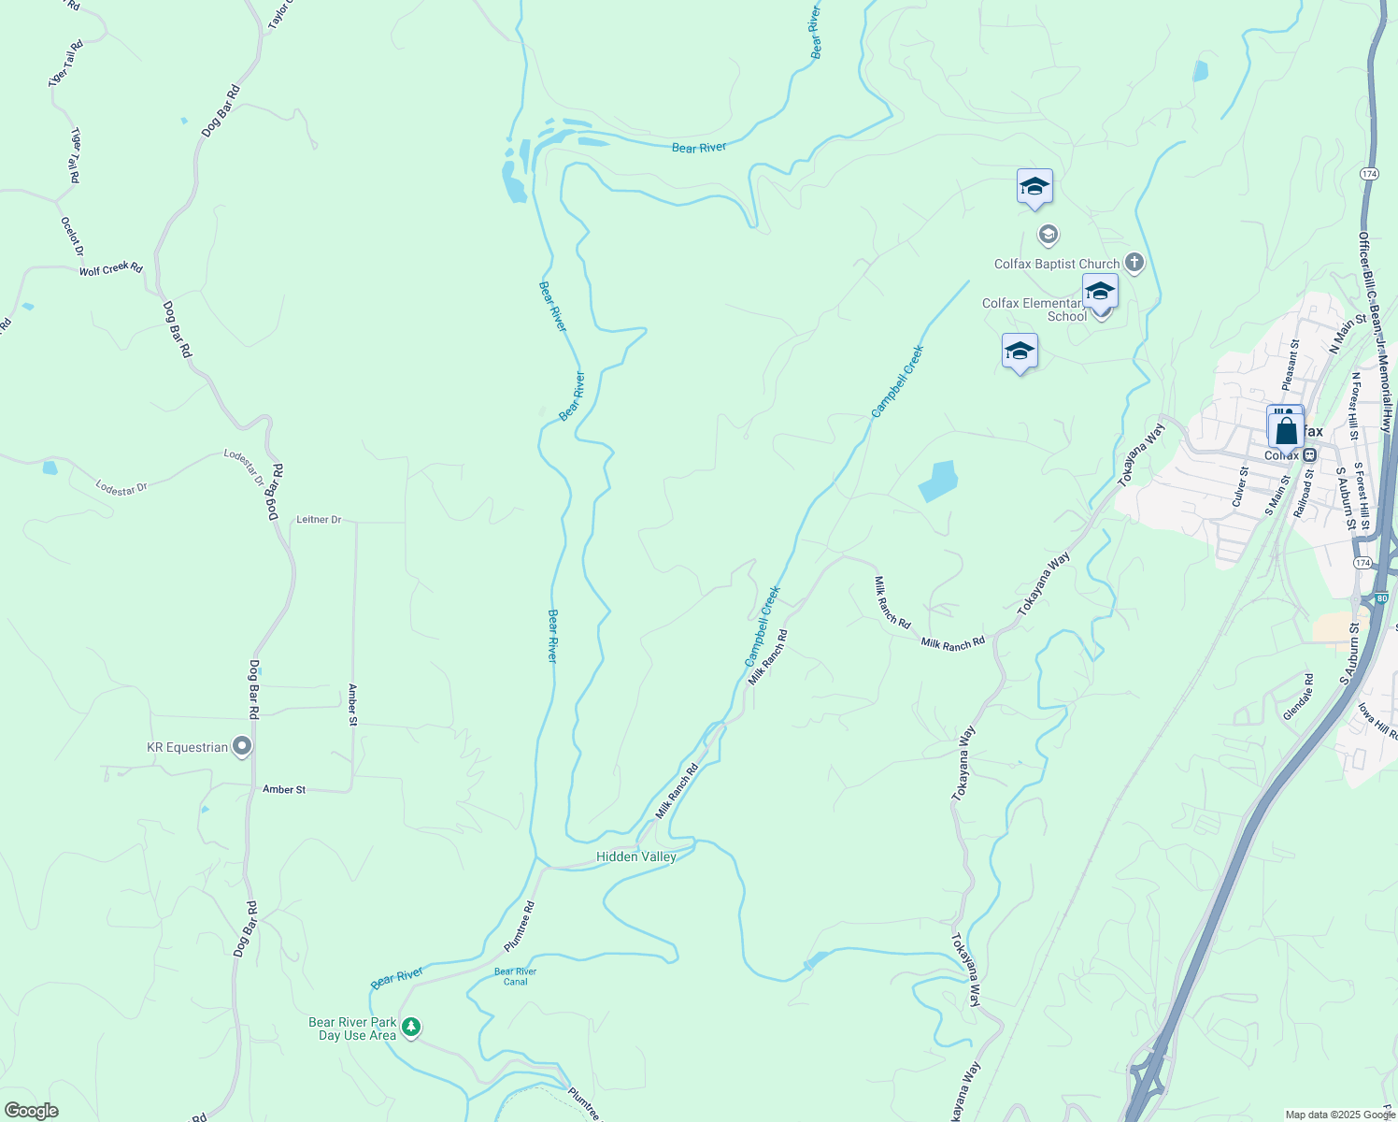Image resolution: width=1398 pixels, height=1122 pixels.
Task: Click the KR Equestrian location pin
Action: point(242,746)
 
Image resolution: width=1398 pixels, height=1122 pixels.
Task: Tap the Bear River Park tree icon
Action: point(410,1028)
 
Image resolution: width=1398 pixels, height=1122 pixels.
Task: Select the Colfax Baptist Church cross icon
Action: point(1134,263)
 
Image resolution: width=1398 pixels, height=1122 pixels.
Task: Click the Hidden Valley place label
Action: point(636,856)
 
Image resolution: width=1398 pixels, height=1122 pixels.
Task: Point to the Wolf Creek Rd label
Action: point(110,269)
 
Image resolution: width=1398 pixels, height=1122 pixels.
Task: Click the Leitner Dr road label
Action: point(319,520)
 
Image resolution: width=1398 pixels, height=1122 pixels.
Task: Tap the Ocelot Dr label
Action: point(72,237)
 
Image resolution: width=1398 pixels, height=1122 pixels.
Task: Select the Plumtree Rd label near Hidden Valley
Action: point(520,926)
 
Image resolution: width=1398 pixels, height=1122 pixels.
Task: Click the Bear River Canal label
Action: point(515,976)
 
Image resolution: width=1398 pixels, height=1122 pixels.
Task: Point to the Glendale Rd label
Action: point(1298,697)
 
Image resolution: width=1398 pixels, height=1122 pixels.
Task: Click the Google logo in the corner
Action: point(31,1111)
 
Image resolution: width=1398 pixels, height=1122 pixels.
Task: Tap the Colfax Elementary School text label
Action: point(1033,309)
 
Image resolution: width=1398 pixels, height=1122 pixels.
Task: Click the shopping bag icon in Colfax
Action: point(1287,432)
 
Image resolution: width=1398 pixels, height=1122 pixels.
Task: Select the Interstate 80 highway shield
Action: point(1381,597)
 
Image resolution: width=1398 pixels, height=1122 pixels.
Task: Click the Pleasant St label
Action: point(1291,366)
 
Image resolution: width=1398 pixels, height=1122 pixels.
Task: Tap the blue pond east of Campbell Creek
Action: point(938,481)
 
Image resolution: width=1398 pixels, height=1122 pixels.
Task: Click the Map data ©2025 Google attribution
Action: point(1340,1115)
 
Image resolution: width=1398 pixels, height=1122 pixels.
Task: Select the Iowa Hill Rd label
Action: point(1377,721)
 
